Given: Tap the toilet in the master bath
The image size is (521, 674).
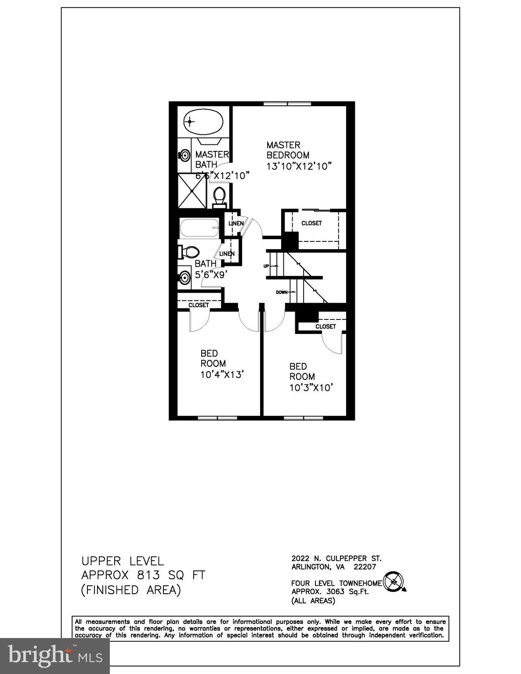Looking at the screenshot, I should (x=219, y=197).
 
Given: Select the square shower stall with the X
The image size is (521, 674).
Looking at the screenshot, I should (x=192, y=191).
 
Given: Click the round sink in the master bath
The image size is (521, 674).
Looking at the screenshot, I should (x=185, y=155).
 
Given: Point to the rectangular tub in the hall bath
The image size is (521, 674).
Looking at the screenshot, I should (x=199, y=228).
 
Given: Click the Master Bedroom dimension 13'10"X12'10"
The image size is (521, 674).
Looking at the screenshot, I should (x=298, y=166).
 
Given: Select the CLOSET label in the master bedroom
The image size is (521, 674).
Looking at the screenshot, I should (x=311, y=223).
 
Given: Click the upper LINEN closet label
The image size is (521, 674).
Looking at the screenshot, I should (x=235, y=223).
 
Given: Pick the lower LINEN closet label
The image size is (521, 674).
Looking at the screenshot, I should (x=227, y=254).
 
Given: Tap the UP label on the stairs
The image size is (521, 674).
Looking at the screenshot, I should (x=266, y=266).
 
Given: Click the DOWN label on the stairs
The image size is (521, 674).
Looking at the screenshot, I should (x=282, y=292).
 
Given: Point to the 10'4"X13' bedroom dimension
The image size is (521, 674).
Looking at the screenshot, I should (x=222, y=374).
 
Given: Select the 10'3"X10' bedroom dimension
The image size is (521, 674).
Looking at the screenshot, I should (x=309, y=387).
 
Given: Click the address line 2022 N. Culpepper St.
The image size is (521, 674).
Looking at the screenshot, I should (x=336, y=559).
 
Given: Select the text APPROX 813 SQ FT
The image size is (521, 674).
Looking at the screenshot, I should (x=143, y=575).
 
